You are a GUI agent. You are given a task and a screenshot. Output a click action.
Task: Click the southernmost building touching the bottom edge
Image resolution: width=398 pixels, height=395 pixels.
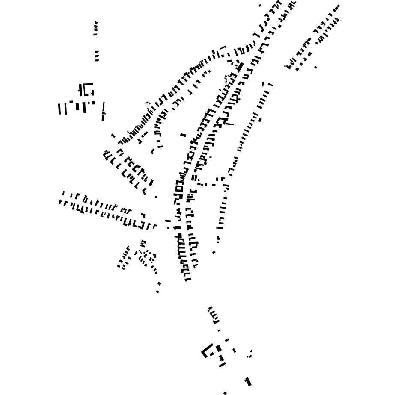225,393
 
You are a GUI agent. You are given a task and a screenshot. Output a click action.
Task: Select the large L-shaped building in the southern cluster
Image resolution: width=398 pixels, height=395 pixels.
206,351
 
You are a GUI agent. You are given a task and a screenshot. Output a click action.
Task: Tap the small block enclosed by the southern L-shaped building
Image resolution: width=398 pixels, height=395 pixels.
212,354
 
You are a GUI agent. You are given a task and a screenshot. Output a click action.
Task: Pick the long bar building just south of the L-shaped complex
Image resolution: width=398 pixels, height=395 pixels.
222,365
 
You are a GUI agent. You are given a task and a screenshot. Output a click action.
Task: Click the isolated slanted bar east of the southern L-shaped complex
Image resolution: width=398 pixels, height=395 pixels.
234,351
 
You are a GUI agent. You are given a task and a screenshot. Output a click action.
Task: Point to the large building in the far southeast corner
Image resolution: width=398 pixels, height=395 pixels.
248,381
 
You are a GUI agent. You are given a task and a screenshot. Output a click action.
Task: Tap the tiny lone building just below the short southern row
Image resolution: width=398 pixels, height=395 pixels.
219,330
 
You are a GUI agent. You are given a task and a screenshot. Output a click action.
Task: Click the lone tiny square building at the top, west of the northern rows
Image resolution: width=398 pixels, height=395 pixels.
260,6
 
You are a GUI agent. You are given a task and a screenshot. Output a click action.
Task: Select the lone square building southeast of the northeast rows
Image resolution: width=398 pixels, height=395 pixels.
316,67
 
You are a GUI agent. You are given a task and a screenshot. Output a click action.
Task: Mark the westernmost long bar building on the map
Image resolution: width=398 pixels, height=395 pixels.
59,109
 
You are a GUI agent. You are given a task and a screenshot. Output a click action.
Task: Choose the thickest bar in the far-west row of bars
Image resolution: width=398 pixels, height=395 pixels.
77,106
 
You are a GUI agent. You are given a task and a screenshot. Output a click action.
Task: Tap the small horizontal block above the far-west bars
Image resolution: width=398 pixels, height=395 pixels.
71,102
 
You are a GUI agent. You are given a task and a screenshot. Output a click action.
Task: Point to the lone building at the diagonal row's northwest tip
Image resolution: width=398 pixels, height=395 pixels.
113,136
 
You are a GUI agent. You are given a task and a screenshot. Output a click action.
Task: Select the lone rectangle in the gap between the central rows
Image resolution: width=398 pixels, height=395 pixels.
183,135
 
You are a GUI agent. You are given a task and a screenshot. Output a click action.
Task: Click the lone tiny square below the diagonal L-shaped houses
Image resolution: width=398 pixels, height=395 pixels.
156,197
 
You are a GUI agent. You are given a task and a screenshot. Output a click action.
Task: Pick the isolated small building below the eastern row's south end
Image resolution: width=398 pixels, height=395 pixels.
214,252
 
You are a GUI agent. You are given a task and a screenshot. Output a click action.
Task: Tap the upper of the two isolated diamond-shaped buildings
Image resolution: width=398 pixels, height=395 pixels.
159,283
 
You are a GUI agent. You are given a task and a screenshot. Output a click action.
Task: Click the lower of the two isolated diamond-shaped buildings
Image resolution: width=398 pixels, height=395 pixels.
157,292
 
